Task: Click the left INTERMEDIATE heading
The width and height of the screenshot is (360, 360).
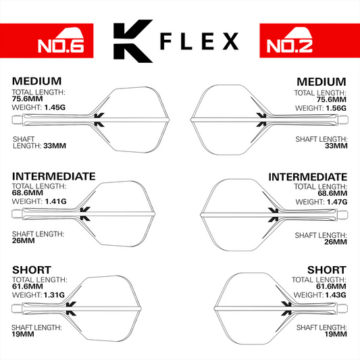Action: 54,176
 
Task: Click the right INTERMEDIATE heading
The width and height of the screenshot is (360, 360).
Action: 308,176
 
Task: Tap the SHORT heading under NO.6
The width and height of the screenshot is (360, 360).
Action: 32,270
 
